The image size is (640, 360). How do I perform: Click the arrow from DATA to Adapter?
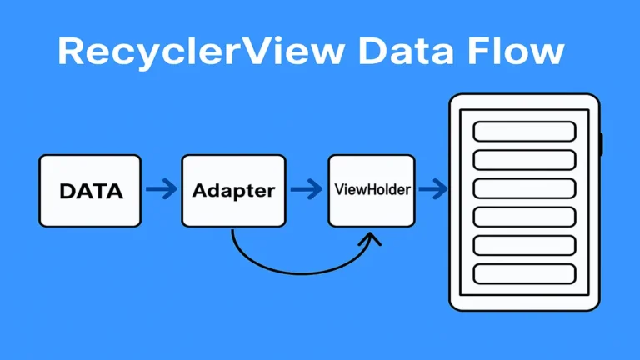pyautogui.click(x=162, y=190)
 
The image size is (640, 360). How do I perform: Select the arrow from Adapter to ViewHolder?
pyautogui.click(x=307, y=190)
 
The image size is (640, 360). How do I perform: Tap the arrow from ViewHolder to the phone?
pyautogui.click(x=432, y=190)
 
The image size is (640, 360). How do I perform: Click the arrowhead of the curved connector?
pyautogui.click(x=369, y=239)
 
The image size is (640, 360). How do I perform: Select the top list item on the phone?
pyautogui.click(x=524, y=131)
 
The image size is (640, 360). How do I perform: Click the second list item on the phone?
pyautogui.click(x=524, y=159)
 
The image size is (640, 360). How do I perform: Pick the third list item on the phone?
pyautogui.click(x=524, y=187)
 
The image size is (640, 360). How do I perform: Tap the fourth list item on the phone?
pyautogui.click(x=524, y=216)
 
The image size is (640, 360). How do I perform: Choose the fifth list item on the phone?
pyautogui.click(x=524, y=244)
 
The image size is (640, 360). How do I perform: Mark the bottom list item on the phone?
pyautogui.click(x=524, y=272)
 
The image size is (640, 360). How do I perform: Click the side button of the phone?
pyautogui.click(x=601, y=144)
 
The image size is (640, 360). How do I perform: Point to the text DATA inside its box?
pyautogui.click(x=91, y=191)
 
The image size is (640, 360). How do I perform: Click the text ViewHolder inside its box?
pyautogui.click(x=372, y=190)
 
